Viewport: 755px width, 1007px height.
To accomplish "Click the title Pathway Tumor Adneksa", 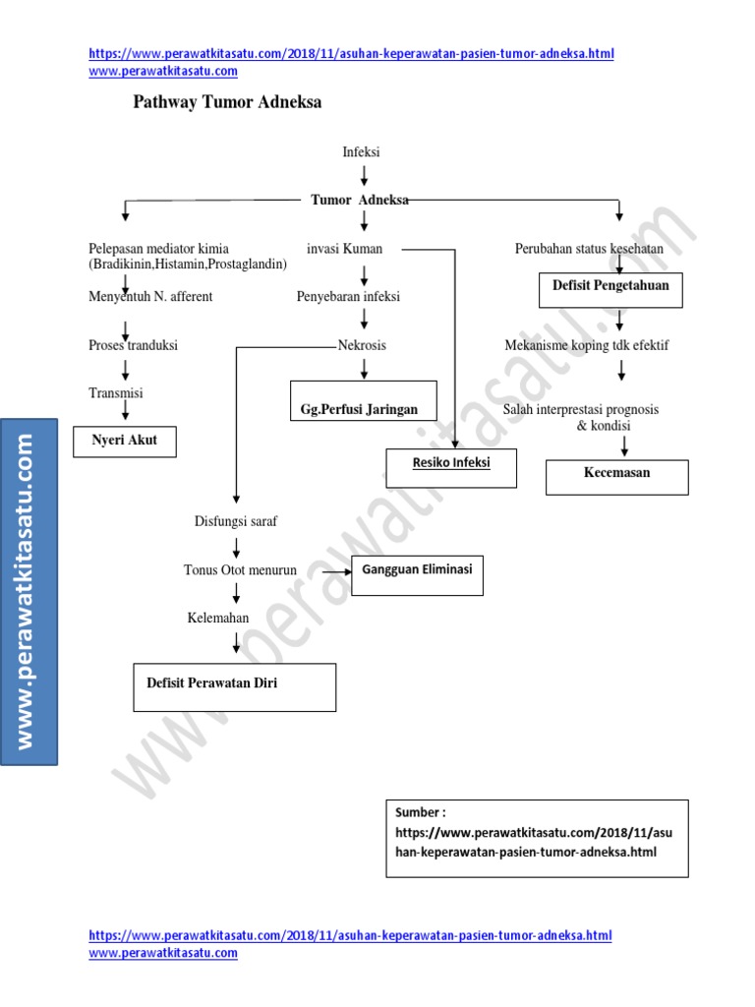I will coord(227,102).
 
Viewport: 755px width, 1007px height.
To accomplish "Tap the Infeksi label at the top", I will coord(361,152).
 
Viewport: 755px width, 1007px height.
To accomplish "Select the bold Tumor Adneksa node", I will coord(360,200).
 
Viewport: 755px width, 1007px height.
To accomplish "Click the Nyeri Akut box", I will coord(126,441).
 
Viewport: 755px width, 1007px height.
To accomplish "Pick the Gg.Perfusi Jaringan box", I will coord(363,400).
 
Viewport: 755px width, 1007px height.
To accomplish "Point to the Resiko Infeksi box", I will coord(451,463).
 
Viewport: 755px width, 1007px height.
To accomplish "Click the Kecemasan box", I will coord(616,476).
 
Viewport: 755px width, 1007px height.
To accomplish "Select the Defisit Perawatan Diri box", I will coord(234,685).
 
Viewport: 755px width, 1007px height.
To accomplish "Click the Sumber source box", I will coord(537,837).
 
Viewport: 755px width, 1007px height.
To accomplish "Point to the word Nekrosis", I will coord(362,345).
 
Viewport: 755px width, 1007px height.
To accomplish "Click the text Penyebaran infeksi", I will coord(348,296).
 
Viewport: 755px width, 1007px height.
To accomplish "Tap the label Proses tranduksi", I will coord(133,346).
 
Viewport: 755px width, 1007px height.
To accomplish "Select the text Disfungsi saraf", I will coord(235,521).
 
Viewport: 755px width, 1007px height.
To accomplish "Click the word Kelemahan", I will coord(218,618).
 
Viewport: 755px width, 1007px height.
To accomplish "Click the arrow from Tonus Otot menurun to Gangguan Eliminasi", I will coord(337,570).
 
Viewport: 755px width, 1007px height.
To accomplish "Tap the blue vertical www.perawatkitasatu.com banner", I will coord(29,590).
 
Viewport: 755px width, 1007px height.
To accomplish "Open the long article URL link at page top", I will coord(351,54).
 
